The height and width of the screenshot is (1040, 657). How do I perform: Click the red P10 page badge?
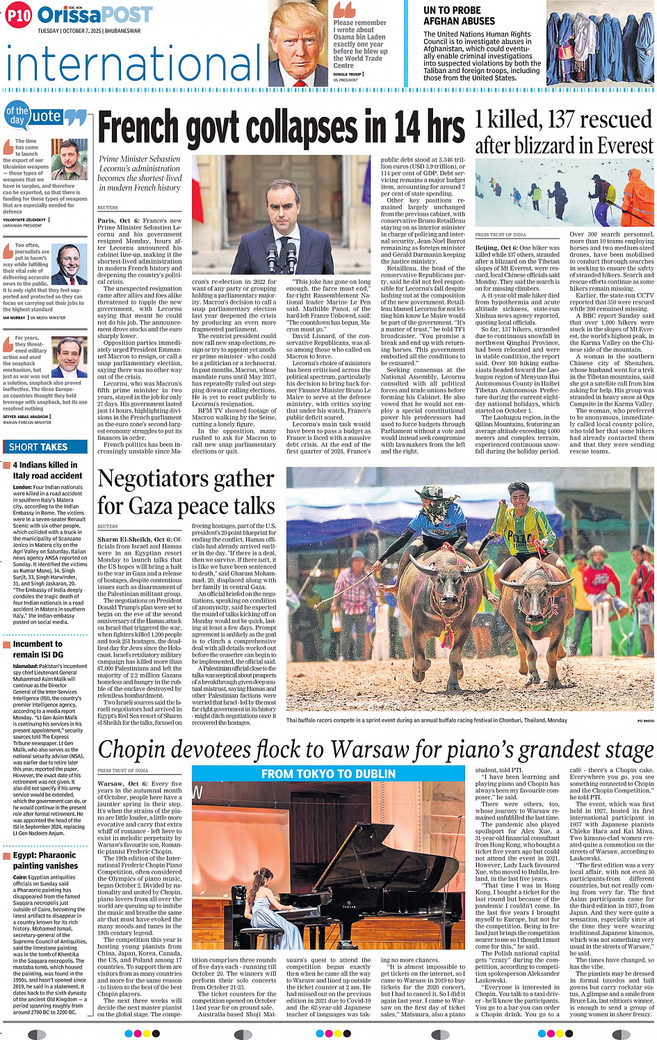pyautogui.click(x=19, y=16)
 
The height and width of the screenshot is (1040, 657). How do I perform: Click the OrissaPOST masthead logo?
pyautogui.click(x=95, y=15)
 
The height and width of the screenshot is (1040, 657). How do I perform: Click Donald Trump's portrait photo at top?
pyautogui.click(x=297, y=43)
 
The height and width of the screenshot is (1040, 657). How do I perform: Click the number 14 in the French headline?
pyautogui.click(x=405, y=129)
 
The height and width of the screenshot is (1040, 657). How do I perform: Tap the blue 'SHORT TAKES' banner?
pyautogui.click(x=38, y=447)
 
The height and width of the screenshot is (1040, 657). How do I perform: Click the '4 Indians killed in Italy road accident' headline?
pyautogui.click(x=47, y=470)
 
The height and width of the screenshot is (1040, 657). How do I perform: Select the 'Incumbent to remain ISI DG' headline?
pyautogui.click(x=38, y=649)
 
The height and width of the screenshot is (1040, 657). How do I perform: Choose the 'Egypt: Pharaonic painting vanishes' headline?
pyautogui.click(x=45, y=861)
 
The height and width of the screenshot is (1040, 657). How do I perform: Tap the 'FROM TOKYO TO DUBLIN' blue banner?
pyautogui.click(x=328, y=774)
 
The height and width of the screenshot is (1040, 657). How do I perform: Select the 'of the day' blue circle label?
pyautogui.click(x=17, y=115)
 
